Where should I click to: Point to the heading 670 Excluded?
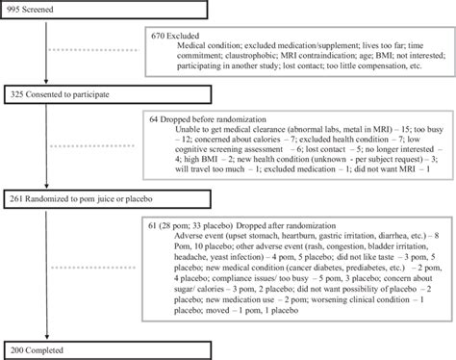tap(179, 34)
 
